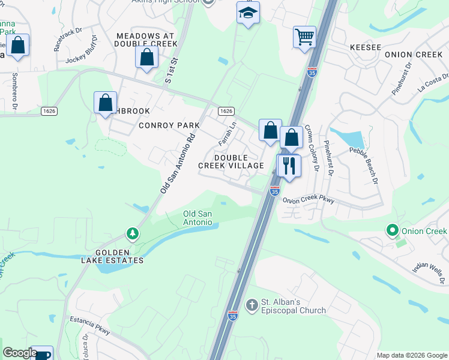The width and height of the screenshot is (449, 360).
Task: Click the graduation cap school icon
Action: click(x=247, y=13)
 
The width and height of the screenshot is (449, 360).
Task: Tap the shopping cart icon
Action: click(x=304, y=37)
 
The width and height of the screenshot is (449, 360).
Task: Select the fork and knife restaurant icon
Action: click(x=289, y=165)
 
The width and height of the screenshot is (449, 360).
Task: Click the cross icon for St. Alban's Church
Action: click(x=252, y=305)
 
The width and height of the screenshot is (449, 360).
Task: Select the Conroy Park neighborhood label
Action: click(x=169, y=125)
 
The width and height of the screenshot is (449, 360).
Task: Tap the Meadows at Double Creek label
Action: click(x=147, y=40)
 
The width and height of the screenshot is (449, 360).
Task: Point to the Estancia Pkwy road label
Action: click(x=90, y=325)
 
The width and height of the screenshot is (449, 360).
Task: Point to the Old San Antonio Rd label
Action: click(x=179, y=163)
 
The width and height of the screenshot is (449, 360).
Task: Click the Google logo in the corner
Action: click(x=20, y=353)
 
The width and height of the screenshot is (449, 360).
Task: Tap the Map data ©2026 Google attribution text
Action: click(x=411, y=355)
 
